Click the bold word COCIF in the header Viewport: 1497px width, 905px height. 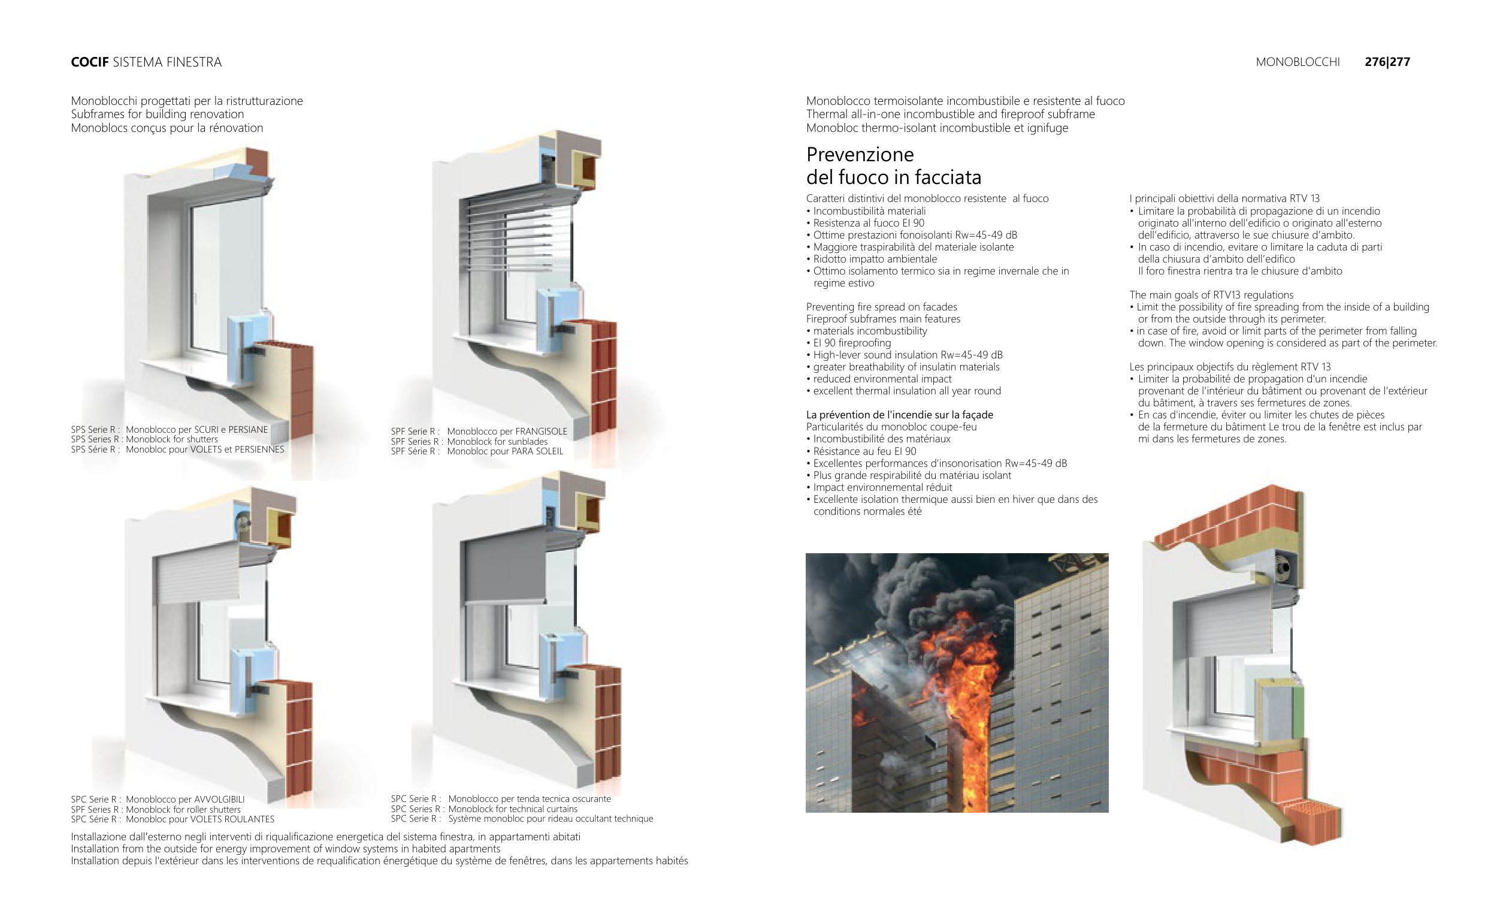pyautogui.click(x=89, y=62)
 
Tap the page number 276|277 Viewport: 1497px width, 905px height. pyautogui.click(x=1387, y=62)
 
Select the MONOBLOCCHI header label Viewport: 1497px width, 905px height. pyautogui.click(x=1297, y=62)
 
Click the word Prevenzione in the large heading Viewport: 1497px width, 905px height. pyautogui.click(x=860, y=155)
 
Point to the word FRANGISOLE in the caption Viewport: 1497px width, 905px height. pyautogui.click(x=541, y=432)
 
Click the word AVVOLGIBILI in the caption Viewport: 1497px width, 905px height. pyautogui.click(x=219, y=800)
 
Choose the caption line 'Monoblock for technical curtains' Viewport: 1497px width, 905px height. pyautogui.click(x=513, y=809)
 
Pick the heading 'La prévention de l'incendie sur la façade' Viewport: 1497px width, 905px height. pyautogui.click(x=899, y=415)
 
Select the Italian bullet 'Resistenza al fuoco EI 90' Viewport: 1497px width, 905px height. pyautogui.click(x=869, y=223)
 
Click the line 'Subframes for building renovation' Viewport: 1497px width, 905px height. pyautogui.click(x=158, y=114)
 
